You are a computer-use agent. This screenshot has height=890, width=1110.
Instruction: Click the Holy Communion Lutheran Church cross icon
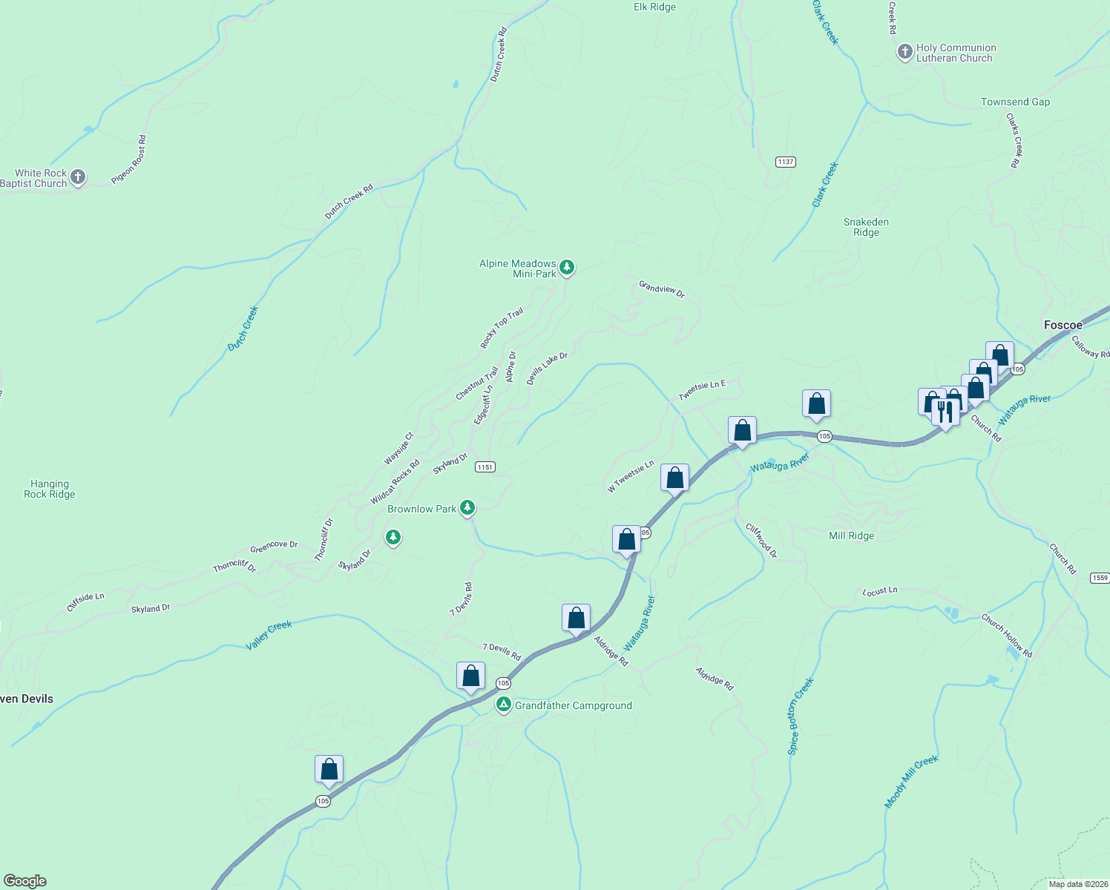pyautogui.click(x=904, y=52)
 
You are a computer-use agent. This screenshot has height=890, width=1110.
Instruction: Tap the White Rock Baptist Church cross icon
pyautogui.click(x=78, y=177)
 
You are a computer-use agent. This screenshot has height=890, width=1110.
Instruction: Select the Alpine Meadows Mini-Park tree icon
pyautogui.click(x=567, y=267)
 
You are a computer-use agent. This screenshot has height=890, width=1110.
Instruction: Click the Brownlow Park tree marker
pyautogui.click(x=467, y=507)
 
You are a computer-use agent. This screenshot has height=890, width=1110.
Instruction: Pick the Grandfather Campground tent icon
pyautogui.click(x=504, y=704)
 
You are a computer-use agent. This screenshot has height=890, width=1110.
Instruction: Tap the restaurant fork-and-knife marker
pyautogui.click(x=945, y=412)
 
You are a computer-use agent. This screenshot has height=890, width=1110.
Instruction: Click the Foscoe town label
pyautogui.click(x=1063, y=325)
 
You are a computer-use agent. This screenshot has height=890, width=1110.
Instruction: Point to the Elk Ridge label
pyautogui.click(x=654, y=7)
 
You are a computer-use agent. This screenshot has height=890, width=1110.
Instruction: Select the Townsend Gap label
pyautogui.click(x=1015, y=102)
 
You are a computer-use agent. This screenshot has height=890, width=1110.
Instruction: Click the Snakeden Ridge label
pyautogui.click(x=866, y=227)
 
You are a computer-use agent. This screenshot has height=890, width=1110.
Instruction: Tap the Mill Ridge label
pyautogui.click(x=851, y=535)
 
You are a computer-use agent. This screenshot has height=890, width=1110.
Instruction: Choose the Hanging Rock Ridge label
pyautogui.click(x=50, y=489)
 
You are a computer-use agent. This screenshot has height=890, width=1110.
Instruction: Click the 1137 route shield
pyautogui.click(x=786, y=162)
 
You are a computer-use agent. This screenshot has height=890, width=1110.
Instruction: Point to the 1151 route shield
pyautogui.click(x=485, y=467)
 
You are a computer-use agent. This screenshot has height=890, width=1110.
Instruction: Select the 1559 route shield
pyautogui.click(x=1100, y=578)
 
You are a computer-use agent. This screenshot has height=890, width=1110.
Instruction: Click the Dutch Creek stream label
pyautogui.click(x=243, y=328)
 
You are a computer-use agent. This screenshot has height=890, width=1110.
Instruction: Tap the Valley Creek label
pyautogui.click(x=269, y=636)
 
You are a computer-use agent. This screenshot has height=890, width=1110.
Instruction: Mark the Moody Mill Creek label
pyautogui.click(x=911, y=781)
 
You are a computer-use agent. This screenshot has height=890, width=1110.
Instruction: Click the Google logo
pyautogui.click(x=25, y=881)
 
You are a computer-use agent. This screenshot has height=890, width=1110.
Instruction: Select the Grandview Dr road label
pyautogui.click(x=662, y=289)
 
